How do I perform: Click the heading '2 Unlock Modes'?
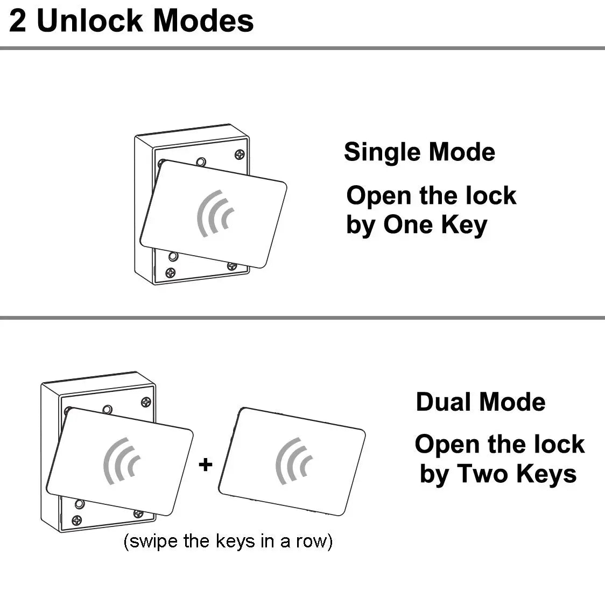(x=131, y=20)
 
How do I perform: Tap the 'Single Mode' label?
(x=419, y=152)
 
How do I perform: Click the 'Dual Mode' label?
(x=481, y=402)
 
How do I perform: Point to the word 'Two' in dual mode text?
(x=483, y=474)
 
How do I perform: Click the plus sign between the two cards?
(x=206, y=464)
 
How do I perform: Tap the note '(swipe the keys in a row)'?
(x=228, y=541)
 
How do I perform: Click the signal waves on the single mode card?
(x=215, y=213)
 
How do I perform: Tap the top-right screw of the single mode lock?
(x=240, y=155)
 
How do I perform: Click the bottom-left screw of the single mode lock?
(x=170, y=273)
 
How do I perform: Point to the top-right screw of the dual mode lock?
(x=146, y=403)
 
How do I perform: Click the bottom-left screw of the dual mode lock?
(x=77, y=520)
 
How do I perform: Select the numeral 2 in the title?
(x=18, y=21)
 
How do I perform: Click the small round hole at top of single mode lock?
(x=201, y=161)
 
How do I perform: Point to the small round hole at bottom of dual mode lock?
(x=80, y=504)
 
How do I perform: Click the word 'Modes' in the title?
(x=203, y=20)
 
